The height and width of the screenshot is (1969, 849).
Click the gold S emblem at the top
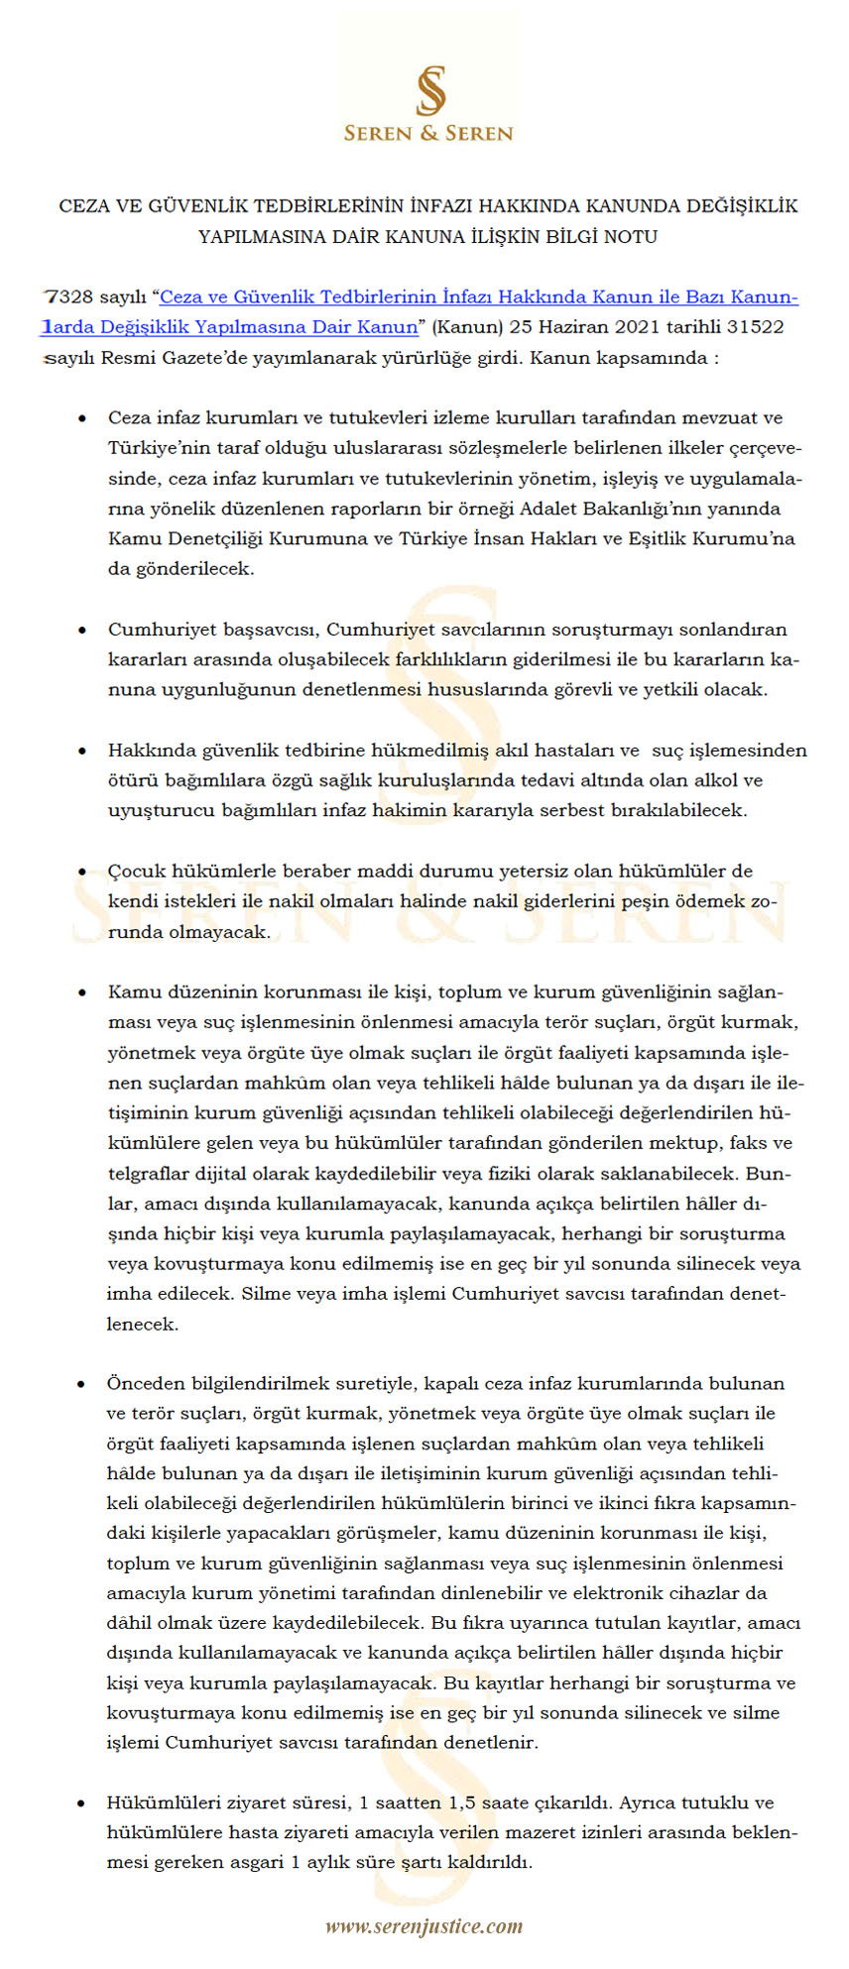(429, 90)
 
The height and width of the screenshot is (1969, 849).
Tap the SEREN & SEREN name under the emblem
(428, 133)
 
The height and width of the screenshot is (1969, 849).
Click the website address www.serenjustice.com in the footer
(424, 1925)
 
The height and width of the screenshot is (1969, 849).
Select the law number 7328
(69, 297)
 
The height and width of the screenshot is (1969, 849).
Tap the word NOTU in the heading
(627, 237)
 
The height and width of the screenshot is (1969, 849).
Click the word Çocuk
(136, 871)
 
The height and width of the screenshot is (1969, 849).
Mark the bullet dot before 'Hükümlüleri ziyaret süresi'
(83, 1803)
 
